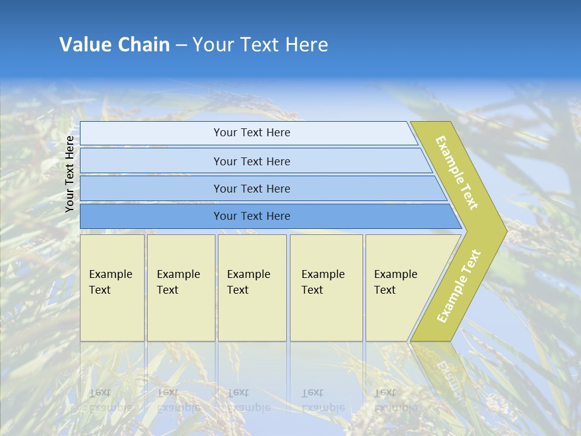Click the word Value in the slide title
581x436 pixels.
(x=85, y=45)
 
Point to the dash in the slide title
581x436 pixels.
(x=181, y=45)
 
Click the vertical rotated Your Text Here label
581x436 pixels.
(x=70, y=174)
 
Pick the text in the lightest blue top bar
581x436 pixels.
(x=252, y=133)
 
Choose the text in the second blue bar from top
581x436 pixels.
(x=252, y=162)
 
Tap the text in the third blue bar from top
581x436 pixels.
(x=252, y=189)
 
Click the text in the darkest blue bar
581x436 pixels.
(x=252, y=216)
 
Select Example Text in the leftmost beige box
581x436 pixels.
(x=110, y=282)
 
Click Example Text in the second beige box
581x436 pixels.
(x=178, y=282)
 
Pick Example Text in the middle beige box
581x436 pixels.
(x=248, y=282)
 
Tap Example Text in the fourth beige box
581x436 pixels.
(x=323, y=282)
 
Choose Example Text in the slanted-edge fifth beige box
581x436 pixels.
(x=395, y=282)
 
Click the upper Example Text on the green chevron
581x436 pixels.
(x=457, y=173)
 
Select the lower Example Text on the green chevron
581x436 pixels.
(x=459, y=286)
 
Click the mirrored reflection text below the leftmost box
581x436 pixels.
(x=110, y=400)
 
